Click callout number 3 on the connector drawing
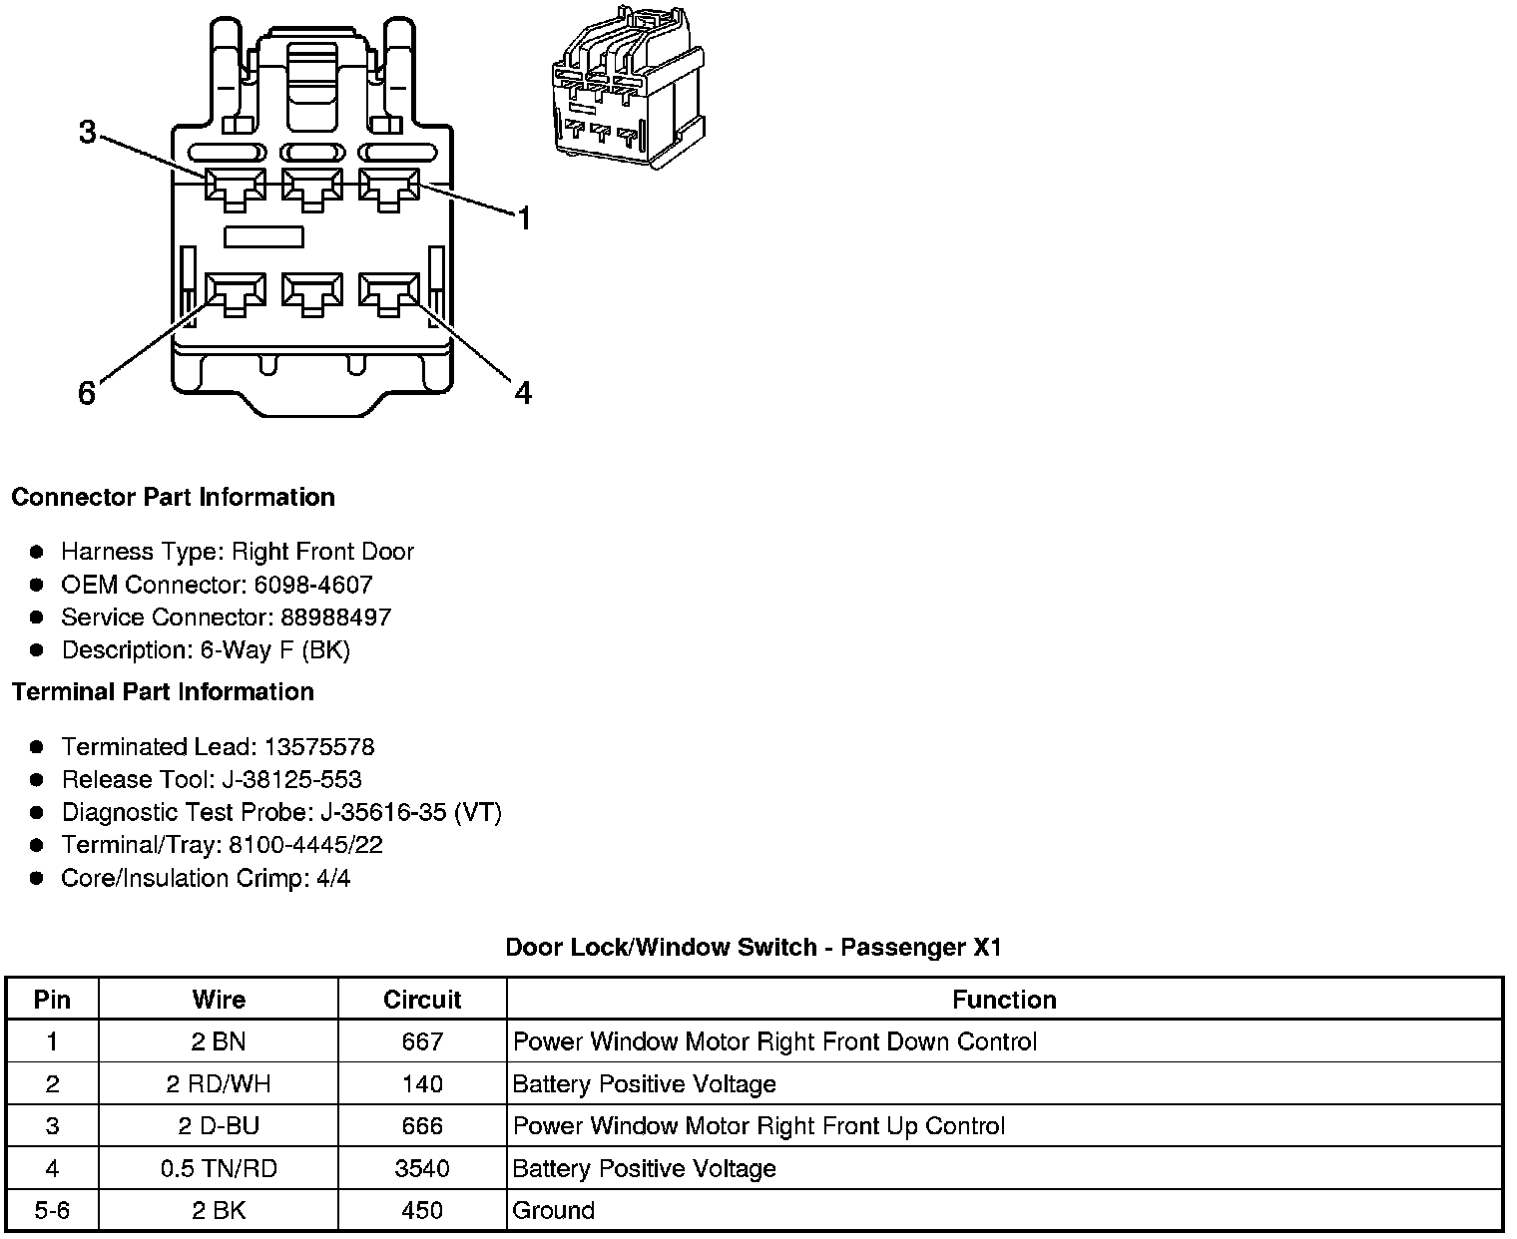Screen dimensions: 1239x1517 88,132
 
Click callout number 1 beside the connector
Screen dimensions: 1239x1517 523,218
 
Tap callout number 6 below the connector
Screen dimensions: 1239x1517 87,394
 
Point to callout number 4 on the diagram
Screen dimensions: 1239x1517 523,393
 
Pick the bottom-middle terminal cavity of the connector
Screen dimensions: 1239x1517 312,292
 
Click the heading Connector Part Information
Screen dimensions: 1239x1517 173,497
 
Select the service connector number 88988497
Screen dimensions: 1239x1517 335,618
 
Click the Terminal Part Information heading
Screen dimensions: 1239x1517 163,691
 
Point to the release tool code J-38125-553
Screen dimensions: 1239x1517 295,779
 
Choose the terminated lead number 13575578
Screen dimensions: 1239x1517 319,746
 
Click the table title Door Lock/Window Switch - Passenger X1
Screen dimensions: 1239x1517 754,947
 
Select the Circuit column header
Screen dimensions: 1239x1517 422,1000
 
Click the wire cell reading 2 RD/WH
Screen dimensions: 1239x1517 219,1084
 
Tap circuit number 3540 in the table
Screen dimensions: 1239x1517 422,1168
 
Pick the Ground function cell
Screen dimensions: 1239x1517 554,1210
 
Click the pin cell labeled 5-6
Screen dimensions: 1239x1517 52,1210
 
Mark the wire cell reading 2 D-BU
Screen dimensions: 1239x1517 219,1126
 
